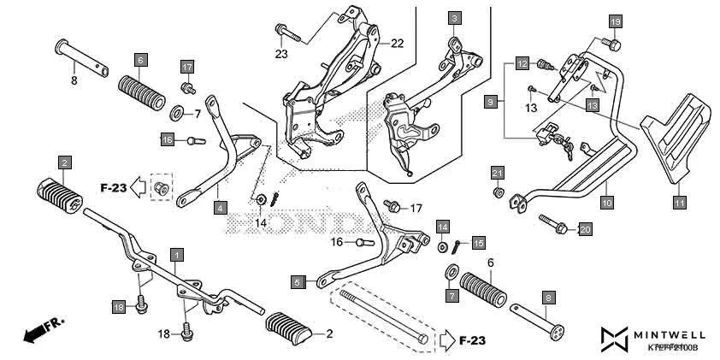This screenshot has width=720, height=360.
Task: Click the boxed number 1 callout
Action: coord(176,254)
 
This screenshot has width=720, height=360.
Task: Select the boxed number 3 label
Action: coord(454,18)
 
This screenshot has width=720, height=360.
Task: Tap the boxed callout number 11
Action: coord(679,203)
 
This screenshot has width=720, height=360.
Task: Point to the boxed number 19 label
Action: coord(616,21)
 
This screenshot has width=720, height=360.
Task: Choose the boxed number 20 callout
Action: coord(585,229)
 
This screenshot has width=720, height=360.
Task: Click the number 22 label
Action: coord(397,43)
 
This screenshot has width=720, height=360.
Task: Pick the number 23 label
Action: coord(281,54)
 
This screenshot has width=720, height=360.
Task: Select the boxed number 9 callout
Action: coord(490,102)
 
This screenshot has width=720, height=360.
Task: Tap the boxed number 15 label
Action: coord(478,242)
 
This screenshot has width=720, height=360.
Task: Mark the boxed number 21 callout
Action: coord(497,174)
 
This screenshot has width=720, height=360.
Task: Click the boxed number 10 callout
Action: coord(606,203)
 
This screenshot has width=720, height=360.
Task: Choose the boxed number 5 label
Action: coord(297,281)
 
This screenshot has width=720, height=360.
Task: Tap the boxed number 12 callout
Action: coord(522,63)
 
